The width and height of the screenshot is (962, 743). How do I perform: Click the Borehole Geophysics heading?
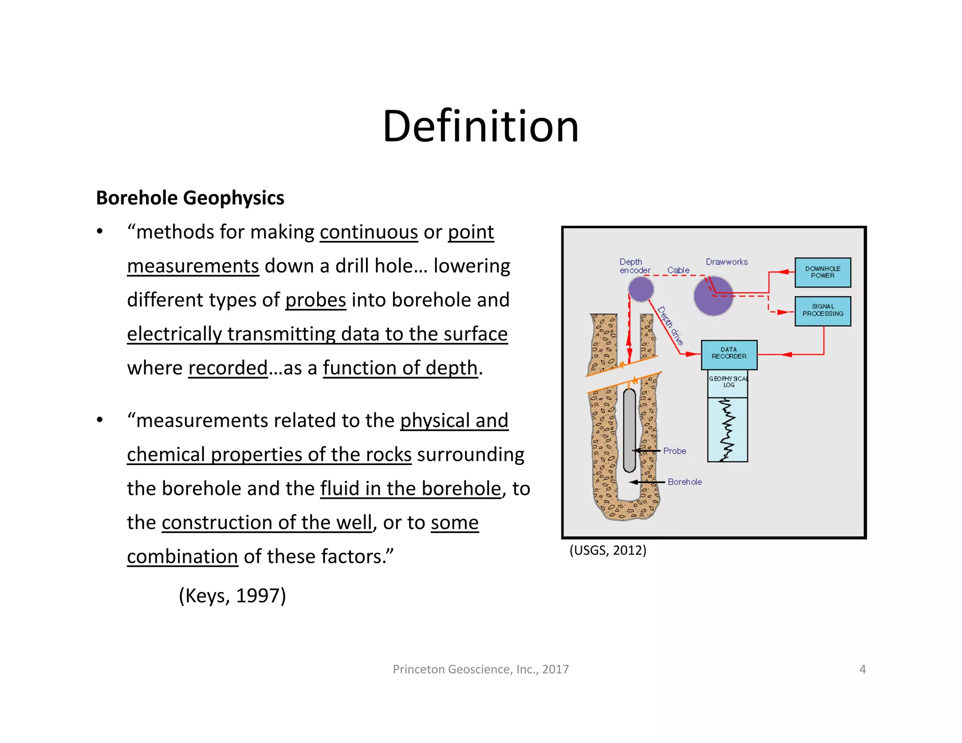click(x=190, y=198)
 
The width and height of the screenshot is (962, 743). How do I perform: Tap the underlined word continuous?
click(x=369, y=232)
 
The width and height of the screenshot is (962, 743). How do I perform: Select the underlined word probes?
click(x=316, y=300)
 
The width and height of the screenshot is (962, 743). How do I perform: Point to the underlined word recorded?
click(x=228, y=368)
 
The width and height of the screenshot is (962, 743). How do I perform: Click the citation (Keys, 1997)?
click(x=232, y=596)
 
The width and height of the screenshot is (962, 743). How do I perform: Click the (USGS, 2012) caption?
click(x=608, y=550)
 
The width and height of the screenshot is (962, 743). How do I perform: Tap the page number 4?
click(x=862, y=669)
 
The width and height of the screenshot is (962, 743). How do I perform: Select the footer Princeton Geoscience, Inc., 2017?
click(x=481, y=669)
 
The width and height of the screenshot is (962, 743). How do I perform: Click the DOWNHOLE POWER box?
click(x=822, y=272)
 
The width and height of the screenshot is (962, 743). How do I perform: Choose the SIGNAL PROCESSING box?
click(x=822, y=310)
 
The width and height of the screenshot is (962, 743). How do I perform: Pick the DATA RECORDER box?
click(x=729, y=354)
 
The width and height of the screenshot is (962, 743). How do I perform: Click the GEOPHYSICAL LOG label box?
click(x=728, y=383)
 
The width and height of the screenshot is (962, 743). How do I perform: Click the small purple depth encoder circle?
click(x=641, y=289)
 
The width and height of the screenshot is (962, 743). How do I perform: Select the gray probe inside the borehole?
click(x=629, y=430)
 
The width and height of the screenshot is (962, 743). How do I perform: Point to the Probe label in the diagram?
click(x=675, y=451)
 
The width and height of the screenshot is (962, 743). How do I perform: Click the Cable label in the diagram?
click(x=678, y=270)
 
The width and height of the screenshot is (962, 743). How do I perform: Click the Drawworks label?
click(x=727, y=262)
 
